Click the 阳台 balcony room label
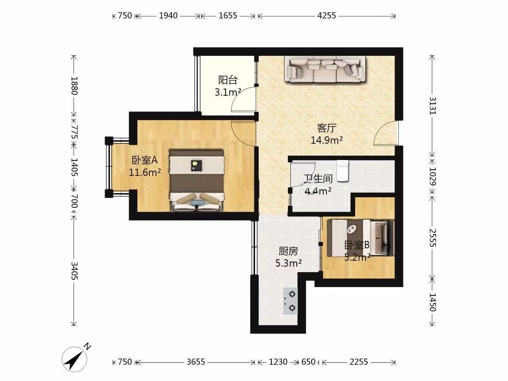coord(228,80)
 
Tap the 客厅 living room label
coord(326,128)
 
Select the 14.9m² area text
coord(326,140)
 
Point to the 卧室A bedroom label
coord(145,160)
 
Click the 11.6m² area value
coord(145,172)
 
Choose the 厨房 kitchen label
coord(288,251)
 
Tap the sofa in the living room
coord(325,69)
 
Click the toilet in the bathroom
coord(343,171)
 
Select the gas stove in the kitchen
coord(290,301)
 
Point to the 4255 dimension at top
coord(326,16)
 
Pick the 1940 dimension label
coord(168,16)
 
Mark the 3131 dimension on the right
coord(432,105)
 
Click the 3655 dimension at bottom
coord(196,362)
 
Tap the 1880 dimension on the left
coord(74,86)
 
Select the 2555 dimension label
coord(432,238)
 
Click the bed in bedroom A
coord(197,180)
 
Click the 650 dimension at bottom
coord(308,362)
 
